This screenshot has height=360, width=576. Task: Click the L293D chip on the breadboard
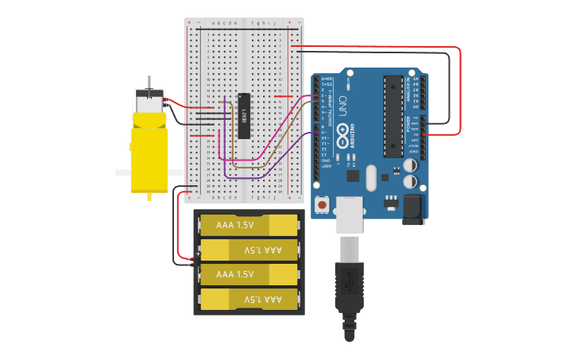245,116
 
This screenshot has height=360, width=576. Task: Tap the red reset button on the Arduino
322,205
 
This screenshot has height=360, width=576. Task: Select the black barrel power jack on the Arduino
412,209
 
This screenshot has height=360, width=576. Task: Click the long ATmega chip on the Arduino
393,116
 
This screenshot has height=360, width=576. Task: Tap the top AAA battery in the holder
248,225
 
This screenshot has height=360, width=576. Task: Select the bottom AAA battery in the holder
248,299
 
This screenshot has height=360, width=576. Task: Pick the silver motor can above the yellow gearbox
149,102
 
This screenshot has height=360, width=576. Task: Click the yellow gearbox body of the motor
149,155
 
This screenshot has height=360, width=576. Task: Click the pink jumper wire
274,135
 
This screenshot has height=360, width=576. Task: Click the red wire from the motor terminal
187,105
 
